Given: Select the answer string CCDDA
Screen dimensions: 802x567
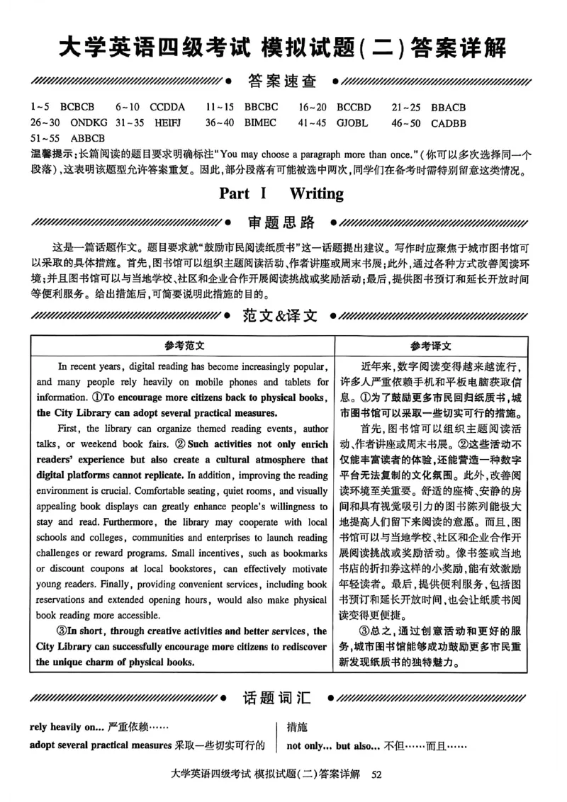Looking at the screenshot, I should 167,108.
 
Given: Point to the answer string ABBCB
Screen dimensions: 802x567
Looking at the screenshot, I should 87,138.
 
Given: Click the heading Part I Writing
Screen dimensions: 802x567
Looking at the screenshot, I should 281,193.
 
